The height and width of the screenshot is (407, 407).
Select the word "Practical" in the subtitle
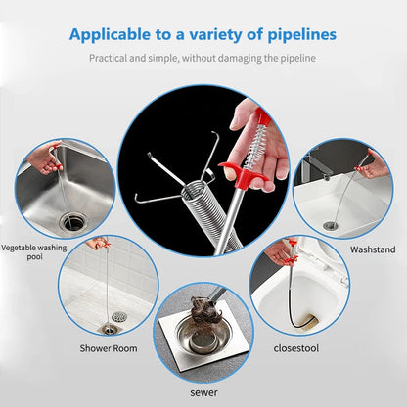(112, 59)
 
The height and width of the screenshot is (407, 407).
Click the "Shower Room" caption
(108, 347)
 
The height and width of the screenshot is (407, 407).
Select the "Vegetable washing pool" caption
(34, 253)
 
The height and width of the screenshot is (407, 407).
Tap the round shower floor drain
(118, 317)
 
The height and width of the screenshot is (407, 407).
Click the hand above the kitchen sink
(44, 156)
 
